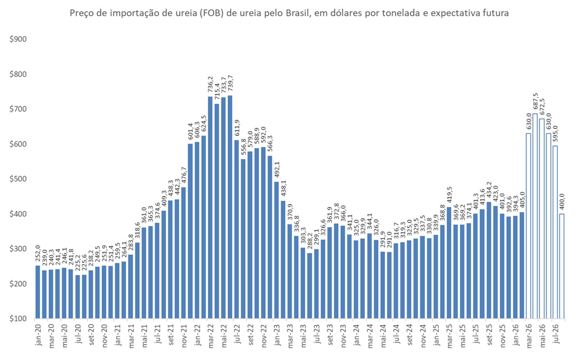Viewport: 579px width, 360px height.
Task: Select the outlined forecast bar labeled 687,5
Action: (x=535, y=216)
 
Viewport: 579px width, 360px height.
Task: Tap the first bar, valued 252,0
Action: (x=38, y=291)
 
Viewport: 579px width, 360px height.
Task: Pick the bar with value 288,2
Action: (x=310, y=285)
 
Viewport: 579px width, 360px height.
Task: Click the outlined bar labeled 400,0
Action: (x=562, y=266)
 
